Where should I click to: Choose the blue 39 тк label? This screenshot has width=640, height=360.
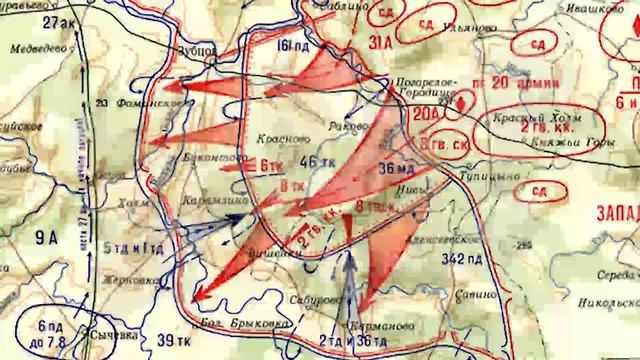coord(162,343)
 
